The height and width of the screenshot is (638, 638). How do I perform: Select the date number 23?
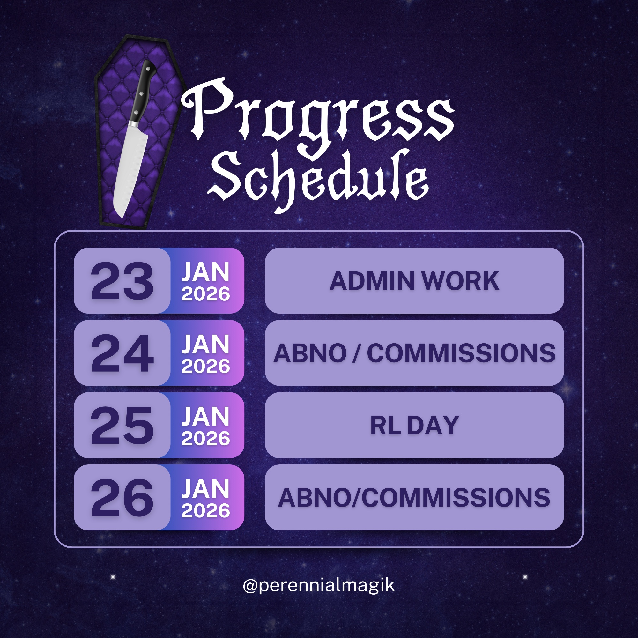point(122,281)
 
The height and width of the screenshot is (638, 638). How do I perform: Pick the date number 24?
point(122,353)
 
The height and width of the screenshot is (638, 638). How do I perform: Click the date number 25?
point(122,425)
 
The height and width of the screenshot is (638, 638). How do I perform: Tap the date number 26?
point(122,498)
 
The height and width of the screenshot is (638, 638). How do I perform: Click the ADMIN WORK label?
point(414,281)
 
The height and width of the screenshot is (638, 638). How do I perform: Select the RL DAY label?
point(414,425)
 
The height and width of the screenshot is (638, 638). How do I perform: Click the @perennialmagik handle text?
point(319,585)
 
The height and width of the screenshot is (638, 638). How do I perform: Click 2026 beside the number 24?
point(205,366)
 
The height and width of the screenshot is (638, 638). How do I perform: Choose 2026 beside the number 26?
point(205,511)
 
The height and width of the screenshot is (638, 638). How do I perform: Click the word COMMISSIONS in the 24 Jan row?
point(461,353)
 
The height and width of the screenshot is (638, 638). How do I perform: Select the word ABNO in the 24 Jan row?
point(309,353)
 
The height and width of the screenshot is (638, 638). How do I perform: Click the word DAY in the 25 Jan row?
point(433,425)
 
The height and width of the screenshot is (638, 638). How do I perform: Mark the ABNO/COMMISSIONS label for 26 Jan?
point(414,498)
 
